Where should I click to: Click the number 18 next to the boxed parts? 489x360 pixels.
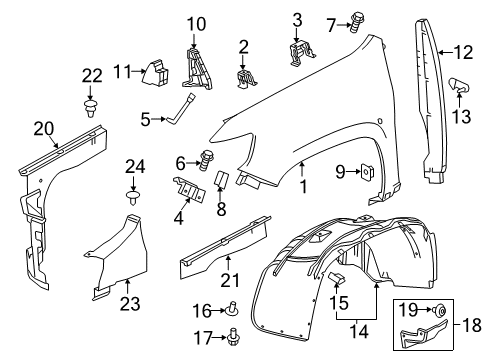click(474, 323)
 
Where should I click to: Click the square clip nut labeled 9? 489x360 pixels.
click(369, 172)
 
